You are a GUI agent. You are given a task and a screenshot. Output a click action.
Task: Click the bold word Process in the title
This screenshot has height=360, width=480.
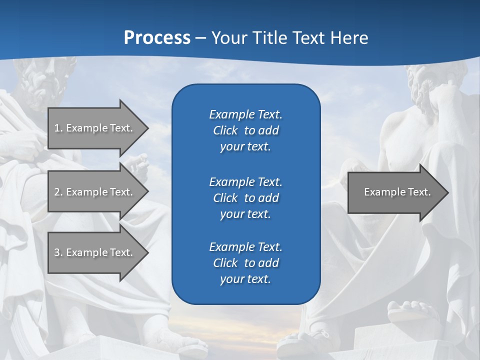pyautogui.click(x=157, y=38)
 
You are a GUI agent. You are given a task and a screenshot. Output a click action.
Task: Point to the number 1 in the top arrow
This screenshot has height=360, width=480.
pyautogui.click(x=57, y=128)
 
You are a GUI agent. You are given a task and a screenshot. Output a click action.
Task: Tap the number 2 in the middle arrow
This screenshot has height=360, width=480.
pyautogui.click(x=57, y=192)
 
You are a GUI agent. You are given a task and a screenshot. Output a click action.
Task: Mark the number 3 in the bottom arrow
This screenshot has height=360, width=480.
pyautogui.click(x=57, y=252)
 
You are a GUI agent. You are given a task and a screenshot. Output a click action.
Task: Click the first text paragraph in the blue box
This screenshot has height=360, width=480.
pyautogui.click(x=245, y=130)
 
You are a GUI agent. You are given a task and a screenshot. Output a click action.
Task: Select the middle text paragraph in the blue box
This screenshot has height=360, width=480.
pyautogui.click(x=245, y=198)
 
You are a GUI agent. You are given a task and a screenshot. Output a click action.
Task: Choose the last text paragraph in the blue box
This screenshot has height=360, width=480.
pyautogui.click(x=245, y=263)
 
